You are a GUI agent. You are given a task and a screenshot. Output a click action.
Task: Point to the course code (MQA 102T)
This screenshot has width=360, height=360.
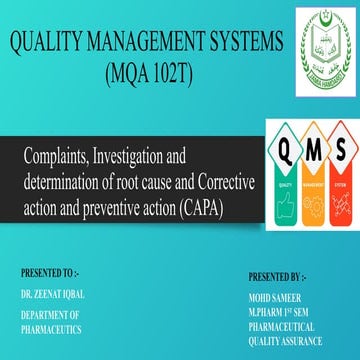pyautogui.click(x=154, y=75)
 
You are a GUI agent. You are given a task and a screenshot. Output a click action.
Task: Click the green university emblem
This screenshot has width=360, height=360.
pyautogui.click(x=327, y=41)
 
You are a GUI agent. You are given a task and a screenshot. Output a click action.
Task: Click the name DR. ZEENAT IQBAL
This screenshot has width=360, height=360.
pyautogui.click(x=53, y=295)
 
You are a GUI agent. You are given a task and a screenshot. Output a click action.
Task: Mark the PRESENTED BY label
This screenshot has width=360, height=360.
pyautogui.click(x=286, y=274)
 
